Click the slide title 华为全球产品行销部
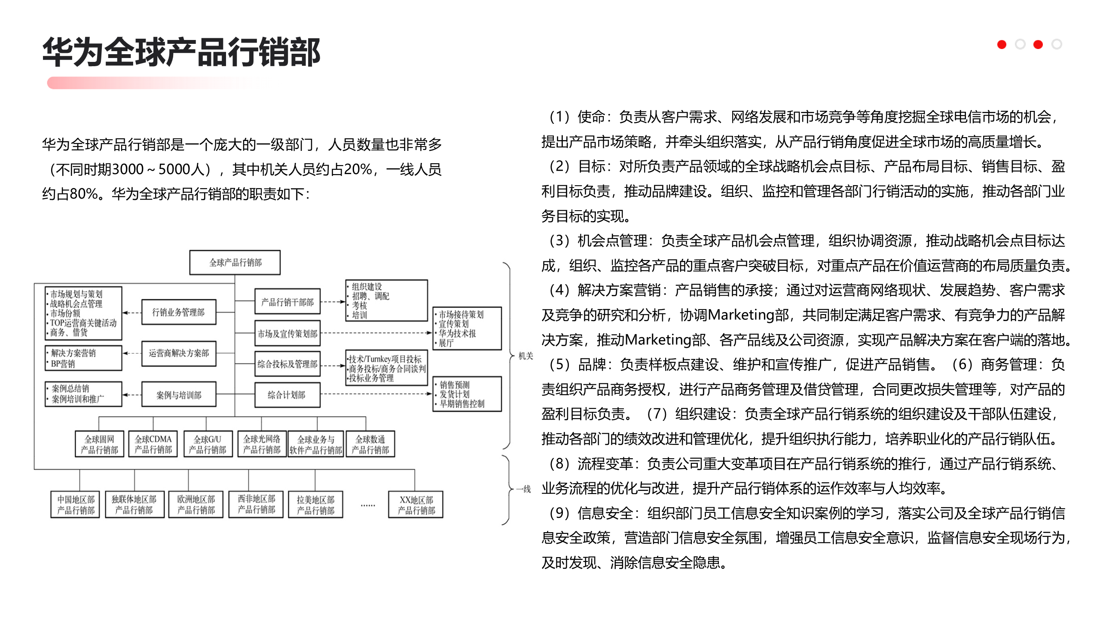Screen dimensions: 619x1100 coord(181,52)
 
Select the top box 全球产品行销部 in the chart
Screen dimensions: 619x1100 coord(235,263)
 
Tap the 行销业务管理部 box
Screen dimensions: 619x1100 coord(178,312)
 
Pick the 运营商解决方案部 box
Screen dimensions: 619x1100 coord(179,353)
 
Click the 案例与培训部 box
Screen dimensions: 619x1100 coord(179,395)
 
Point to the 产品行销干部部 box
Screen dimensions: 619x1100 coord(287,302)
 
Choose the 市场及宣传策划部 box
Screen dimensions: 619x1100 coord(287,334)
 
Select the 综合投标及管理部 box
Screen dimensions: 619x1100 coord(287,364)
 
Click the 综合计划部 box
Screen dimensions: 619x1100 coord(287,395)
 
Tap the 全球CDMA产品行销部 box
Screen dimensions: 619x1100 coord(153,444)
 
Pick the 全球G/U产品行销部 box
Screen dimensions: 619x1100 coord(208,444)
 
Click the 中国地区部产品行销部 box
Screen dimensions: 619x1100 coord(76,505)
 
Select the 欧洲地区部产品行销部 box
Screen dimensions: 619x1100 coord(196,505)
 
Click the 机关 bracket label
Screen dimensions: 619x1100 coord(526,356)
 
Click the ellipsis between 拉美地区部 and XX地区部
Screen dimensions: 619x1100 coord(368,505)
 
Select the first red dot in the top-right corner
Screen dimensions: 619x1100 coord(1002,45)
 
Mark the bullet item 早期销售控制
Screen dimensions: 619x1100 coord(462,404)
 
